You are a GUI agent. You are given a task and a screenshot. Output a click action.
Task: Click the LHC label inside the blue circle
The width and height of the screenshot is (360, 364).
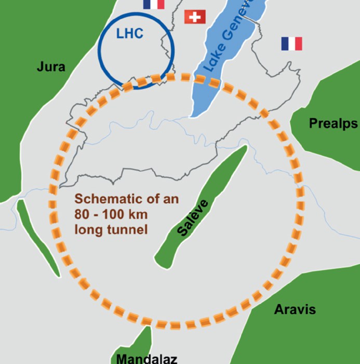129,34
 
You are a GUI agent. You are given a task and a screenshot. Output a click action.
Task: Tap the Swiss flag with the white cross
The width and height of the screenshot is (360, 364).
195,17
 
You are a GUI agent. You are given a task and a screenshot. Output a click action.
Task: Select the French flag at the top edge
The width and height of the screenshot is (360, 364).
153,4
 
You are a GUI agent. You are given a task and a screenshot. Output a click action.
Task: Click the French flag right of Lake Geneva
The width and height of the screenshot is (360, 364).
291,44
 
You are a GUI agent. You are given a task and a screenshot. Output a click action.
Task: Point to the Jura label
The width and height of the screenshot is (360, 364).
51,67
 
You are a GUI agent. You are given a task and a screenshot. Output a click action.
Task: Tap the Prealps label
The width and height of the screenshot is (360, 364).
333,123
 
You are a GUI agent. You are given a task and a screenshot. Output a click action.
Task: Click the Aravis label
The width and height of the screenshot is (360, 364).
295,309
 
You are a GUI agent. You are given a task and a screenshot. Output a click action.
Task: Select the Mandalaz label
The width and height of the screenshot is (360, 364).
146,358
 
